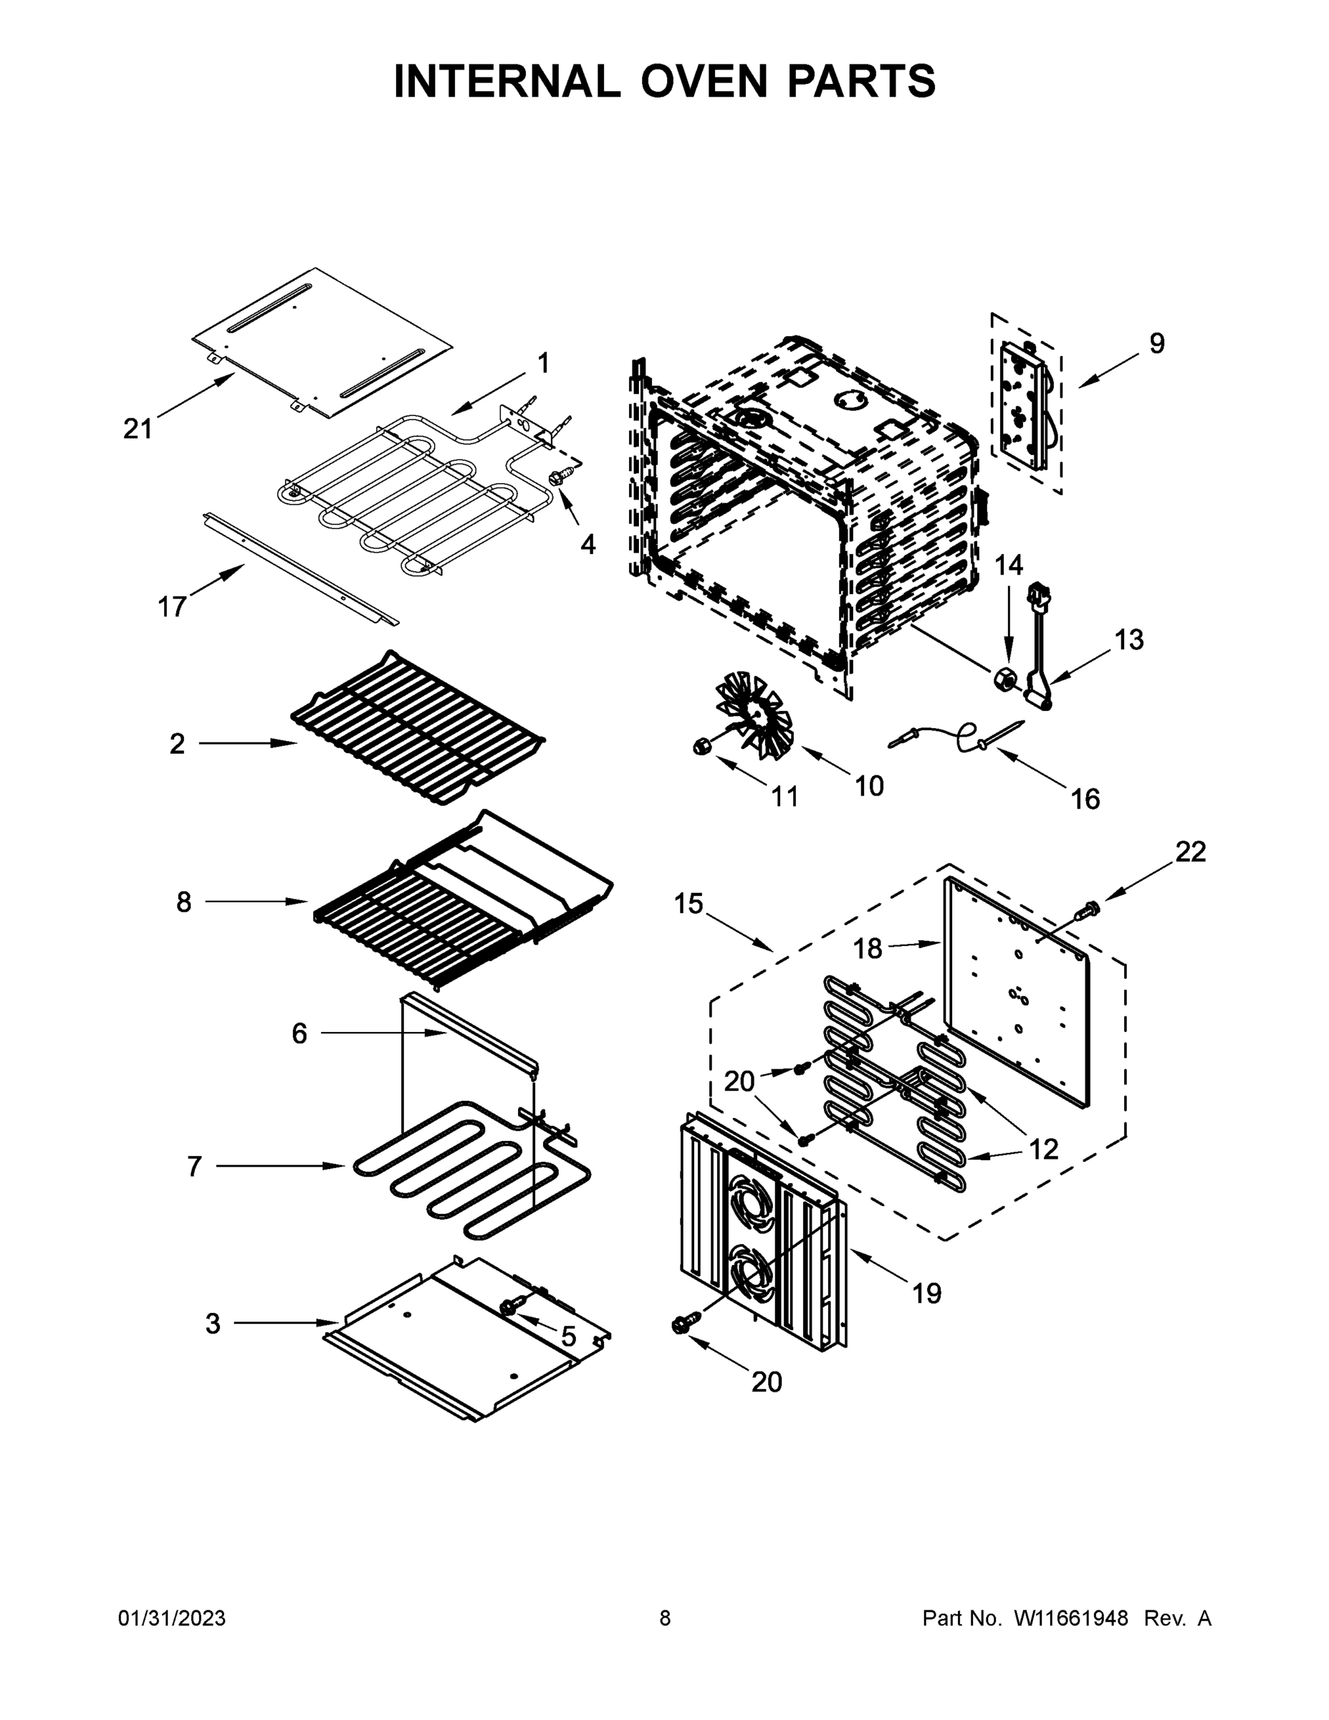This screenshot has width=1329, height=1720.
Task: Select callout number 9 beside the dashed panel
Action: click(x=1156, y=343)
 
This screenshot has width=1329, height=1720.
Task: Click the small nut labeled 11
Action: click(x=700, y=745)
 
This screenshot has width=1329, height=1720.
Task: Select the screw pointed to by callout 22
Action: click(x=1089, y=908)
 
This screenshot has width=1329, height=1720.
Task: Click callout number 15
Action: click(x=688, y=903)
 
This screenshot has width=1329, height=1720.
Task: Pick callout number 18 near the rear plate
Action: click(x=868, y=949)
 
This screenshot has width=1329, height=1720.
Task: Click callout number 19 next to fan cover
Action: click(x=926, y=1293)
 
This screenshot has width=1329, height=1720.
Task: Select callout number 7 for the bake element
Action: click(x=194, y=1166)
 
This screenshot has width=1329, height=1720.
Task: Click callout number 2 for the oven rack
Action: click(x=177, y=743)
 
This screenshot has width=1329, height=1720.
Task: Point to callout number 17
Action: click(x=172, y=607)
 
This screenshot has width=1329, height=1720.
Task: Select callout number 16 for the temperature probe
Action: click(x=1084, y=799)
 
